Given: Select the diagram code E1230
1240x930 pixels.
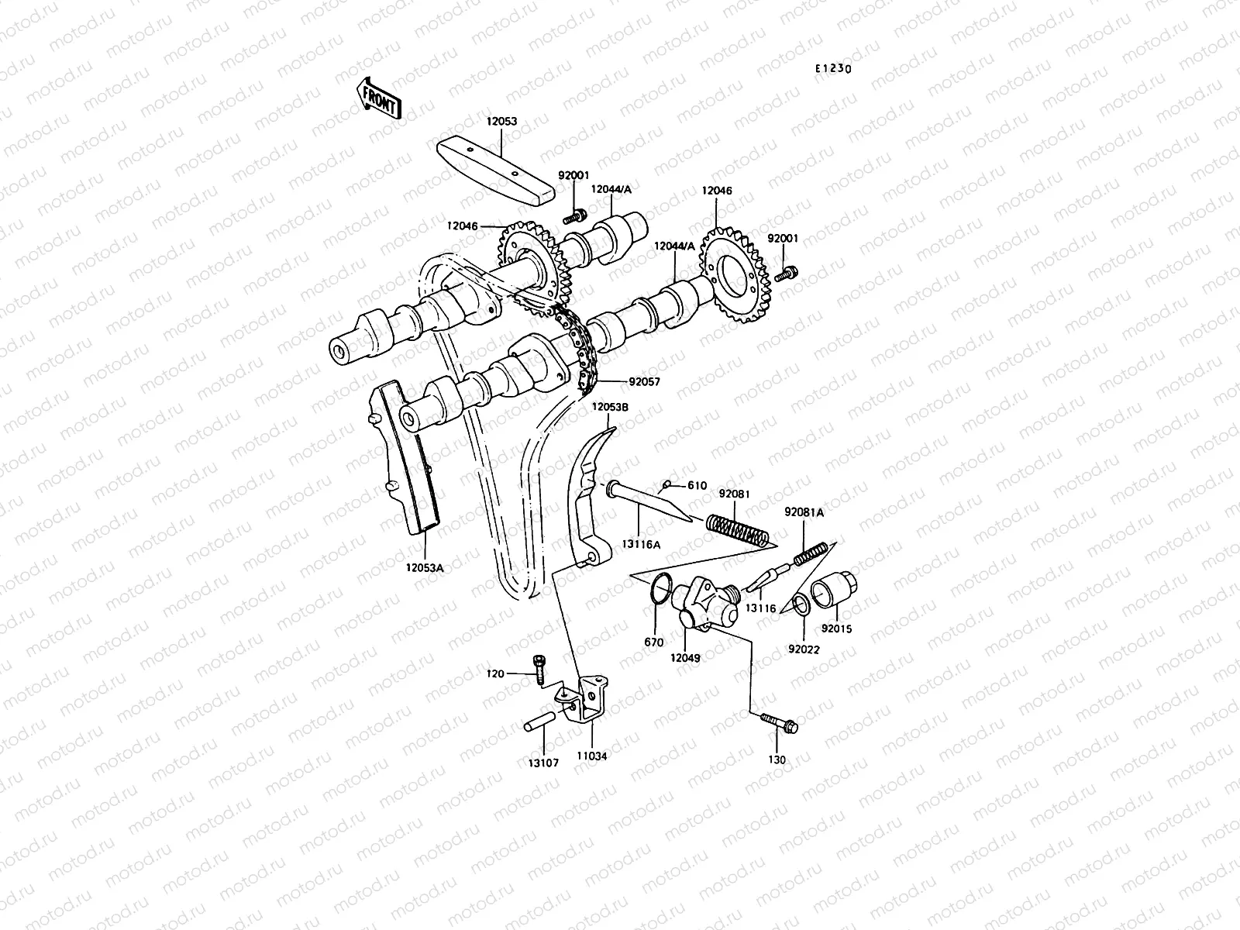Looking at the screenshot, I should tap(832, 68).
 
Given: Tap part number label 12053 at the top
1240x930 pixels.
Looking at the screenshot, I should tap(501, 122).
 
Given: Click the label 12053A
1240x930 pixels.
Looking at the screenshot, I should tap(423, 567).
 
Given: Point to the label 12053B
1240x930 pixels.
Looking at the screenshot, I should tap(611, 406).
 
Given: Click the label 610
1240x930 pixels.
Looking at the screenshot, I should tap(697, 486).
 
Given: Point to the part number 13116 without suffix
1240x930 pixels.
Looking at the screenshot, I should tap(760, 608).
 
